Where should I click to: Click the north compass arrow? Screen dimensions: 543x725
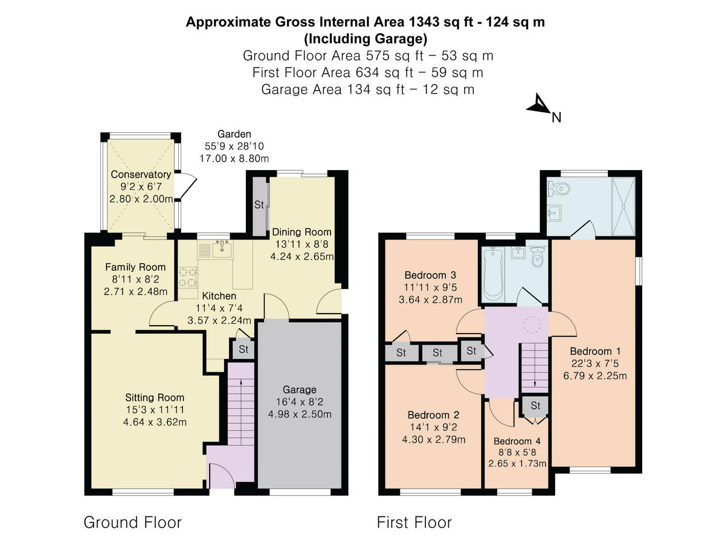(538, 106)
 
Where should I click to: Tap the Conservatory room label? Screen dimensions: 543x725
(141, 175)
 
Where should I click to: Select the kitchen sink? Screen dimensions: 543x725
(223, 248)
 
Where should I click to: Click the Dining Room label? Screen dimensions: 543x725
(301, 232)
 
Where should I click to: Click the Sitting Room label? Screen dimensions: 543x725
(155, 398)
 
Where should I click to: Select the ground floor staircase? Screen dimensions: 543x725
(241, 410)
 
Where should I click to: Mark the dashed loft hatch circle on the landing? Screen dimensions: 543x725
(533, 325)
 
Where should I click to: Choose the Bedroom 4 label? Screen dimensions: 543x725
(517, 441)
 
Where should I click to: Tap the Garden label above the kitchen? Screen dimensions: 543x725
(234, 134)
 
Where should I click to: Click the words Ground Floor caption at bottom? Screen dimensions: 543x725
(132, 522)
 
